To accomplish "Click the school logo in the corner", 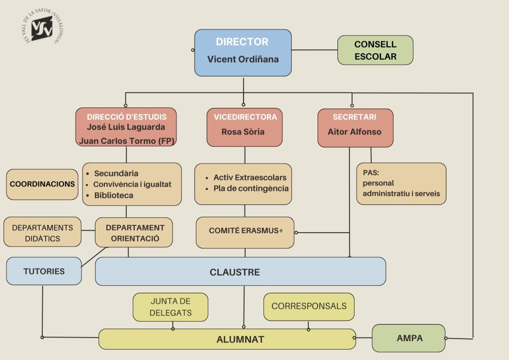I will pyautogui.click(x=43, y=28).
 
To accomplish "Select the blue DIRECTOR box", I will pyautogui.click(x=243, y=52).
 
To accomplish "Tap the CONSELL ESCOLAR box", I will pyautogui.click(x=375, y=50).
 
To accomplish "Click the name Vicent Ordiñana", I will pyautogui.click(x=243, y=60).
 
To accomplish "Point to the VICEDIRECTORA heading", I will pyautogui.click(x=245, y=117).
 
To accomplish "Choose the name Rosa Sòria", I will pyautogui.click(x=243, y=132).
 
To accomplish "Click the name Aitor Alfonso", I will pyautogui.click(x=354, y=132).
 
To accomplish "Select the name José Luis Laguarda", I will pyautogui.click(x=126, y=127).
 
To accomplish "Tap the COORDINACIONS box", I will pyautogui.click(x=42, y=184).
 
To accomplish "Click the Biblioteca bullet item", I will pyautogui.click(x=113, y=195).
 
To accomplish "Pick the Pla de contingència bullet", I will pyautogui.click(x=251, y=188).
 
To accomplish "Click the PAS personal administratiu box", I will pyautogui.click(x=401, y=183).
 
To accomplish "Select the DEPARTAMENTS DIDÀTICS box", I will pyautogui.click(x=42, y=233).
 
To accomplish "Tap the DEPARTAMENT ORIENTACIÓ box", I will pyautogui.click(x=135, y=233).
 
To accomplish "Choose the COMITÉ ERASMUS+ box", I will pyautogui.click(x=245, y=231).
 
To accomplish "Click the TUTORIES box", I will pyautogui.click(x=44, y=271).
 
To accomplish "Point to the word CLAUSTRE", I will pyautogui.click(x=235, y=272).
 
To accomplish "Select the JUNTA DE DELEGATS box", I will pyautogui.click(x=170, y=307).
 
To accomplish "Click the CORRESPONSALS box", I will pyautogui.click(x=309, y=306).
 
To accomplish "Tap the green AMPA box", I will pyautogui.click(x=409, y=338).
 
